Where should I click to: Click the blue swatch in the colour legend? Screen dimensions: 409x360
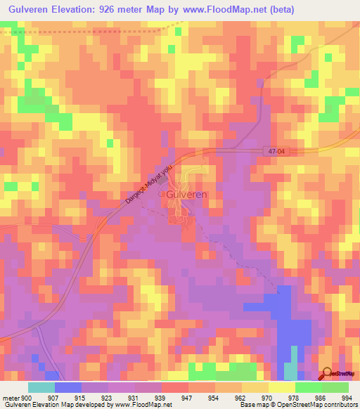(68, 387)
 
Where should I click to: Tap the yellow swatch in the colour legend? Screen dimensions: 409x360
(282, 387)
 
